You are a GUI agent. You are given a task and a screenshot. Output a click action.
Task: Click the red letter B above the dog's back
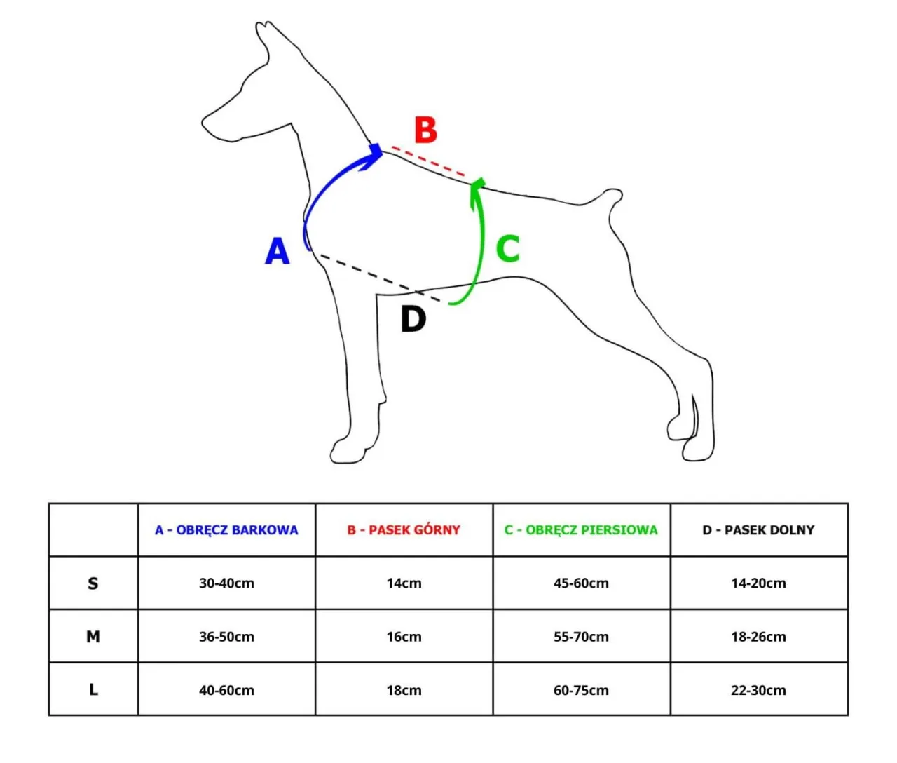pos(425,130)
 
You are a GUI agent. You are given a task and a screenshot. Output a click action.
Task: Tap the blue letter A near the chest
pos(278,251)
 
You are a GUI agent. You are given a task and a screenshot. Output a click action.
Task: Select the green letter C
pos(508,248)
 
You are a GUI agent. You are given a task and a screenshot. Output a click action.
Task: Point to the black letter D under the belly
pos(413,319)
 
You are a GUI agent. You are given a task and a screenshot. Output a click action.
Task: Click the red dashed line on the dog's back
pos(429,161)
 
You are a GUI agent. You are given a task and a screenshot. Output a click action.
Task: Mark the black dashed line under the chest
pos(378,278)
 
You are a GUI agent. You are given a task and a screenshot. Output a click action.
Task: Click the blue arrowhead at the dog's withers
pos(374,154)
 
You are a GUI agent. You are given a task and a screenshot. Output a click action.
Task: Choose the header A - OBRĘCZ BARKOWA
pos(226,530)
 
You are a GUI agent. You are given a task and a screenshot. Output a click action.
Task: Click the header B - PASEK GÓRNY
pos(404,530)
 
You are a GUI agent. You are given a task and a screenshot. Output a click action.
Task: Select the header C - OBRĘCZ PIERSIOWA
pos(581,530)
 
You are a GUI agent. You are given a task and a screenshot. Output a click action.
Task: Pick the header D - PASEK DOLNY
pos(758,530)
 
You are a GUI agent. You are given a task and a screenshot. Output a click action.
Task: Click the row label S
pos(93,583)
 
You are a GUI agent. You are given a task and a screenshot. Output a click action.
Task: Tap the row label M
pos(93,637)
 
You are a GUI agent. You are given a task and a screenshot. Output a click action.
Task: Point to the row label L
pos(93,690)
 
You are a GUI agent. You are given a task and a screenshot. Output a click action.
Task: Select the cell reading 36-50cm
pos(226,637)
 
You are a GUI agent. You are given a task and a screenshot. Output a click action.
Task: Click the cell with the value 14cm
pos(404,583)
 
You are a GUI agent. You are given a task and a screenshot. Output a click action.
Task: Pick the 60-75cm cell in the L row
pos(581,690)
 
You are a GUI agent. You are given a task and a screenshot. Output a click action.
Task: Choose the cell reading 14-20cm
pos(758,583)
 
